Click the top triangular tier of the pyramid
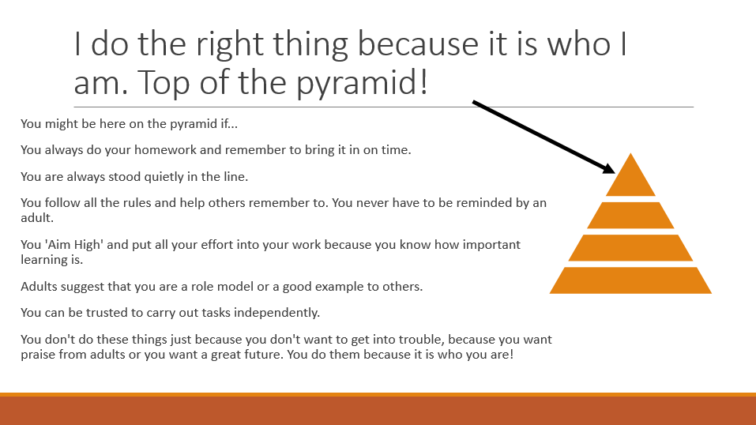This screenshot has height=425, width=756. click(x=630, y=179)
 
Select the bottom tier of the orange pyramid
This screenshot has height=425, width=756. click(x=630, y=280)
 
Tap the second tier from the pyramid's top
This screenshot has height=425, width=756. click(x=630, y=215)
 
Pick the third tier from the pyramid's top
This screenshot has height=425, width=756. click(x=630, y=247)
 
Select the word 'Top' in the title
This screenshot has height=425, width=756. click(x=164, y=82)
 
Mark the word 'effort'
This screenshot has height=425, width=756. click(x=217, y=245)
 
